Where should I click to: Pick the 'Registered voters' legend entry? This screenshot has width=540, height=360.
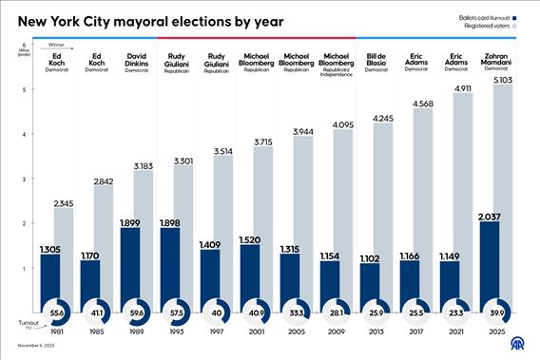point(487,28)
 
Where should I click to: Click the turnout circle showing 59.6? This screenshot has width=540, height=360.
point(136,312)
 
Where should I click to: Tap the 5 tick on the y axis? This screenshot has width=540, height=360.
point(23,89)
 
